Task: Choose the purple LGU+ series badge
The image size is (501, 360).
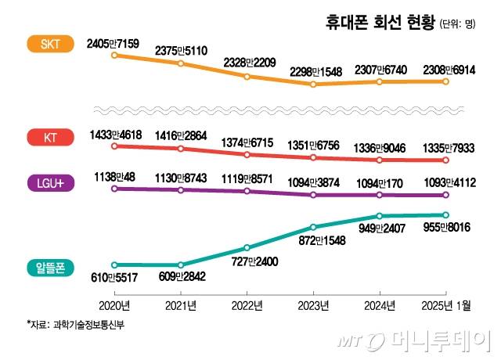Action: pyautogui.click(x=49, y=183)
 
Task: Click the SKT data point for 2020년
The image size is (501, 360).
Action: pyautogui.click(x=114, y=55)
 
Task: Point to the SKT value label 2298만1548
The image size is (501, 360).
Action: pyautogui.click(x=313, y=71)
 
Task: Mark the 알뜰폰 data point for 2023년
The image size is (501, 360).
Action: pyautogui.click(x=313, y=227)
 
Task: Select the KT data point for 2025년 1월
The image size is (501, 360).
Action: pyautogui.click(x=446, y=160)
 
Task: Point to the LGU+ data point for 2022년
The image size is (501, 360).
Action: pyautogui.click(x=247, y=192)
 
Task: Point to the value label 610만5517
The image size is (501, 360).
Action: pyautogui.click(x=115, y=278)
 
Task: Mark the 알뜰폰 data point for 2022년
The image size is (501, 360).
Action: pyautogui.click(x=247, y=247)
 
